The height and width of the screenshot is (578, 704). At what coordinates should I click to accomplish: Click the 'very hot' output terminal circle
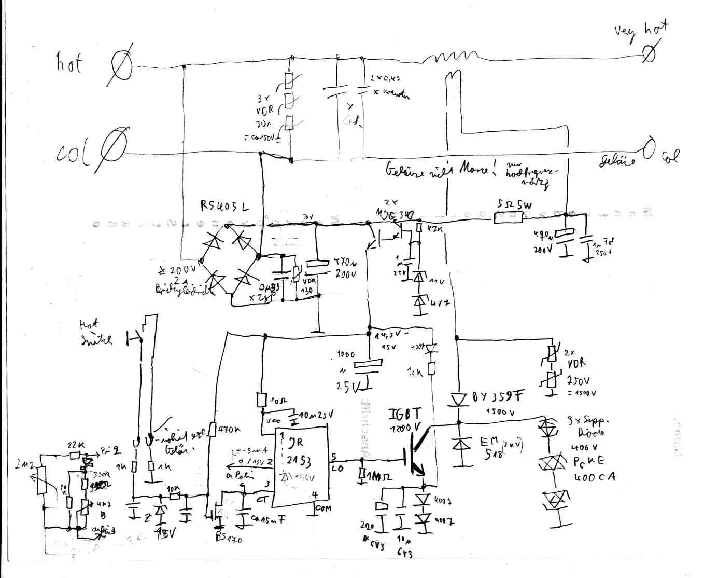tap(648, 52)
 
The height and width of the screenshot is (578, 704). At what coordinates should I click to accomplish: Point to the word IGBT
tap(405, 414)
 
